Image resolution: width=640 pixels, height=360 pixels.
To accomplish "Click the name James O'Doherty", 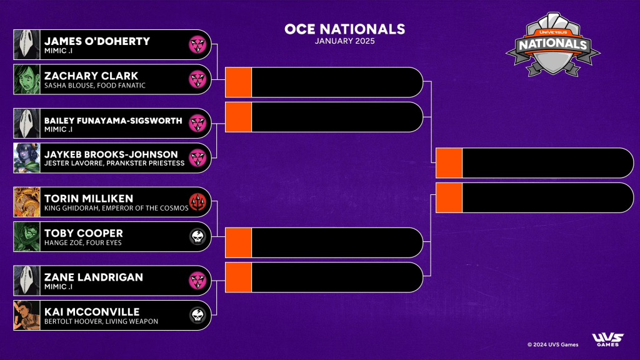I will [x=97, y=41].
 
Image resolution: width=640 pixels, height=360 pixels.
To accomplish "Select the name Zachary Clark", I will [x=91, y=76].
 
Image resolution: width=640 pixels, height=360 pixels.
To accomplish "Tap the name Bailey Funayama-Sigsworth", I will [x=113, y=120].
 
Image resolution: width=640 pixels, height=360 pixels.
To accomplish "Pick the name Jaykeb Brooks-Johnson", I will [x=111, y=154].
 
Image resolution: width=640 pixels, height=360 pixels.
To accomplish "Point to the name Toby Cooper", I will [x=83, y=234].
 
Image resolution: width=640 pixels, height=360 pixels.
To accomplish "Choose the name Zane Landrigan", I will [x=93, y=277].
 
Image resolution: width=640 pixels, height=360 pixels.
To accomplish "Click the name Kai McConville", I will [x=91, y=312].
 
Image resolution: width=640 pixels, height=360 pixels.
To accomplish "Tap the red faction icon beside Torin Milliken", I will [x=198, y=203].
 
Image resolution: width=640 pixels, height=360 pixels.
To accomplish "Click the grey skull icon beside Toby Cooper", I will [x=198, y=237].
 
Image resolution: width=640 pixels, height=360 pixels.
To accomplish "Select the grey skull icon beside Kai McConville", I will [x=198, y=316].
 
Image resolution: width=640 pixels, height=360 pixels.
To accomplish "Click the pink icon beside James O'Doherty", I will [x=198, y=44].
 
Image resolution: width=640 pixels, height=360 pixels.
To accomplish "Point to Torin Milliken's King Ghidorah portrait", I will [x=27, y=202].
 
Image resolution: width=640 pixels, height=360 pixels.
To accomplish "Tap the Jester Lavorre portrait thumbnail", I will [x=27, y=158].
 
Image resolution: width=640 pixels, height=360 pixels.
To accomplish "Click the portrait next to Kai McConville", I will [x=27, y=316].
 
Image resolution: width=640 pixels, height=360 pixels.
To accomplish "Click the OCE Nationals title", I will [x=344, y=29].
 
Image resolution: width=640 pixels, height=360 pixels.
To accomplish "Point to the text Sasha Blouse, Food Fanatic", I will [x=94, y=86].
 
